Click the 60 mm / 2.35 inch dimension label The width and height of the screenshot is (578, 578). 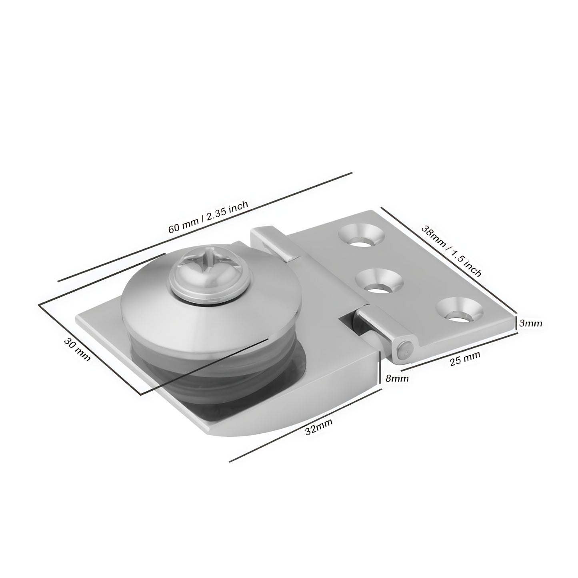click(x=208, y=217)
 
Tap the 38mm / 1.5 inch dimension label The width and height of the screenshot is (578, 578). click(x=451, y=251)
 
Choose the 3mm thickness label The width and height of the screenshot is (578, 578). click(x=530, y=323)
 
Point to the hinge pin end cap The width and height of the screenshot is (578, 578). click(x=405, y=350)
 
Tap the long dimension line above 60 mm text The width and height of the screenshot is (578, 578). click(x=205, y=227)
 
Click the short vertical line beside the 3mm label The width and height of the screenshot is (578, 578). click(x=516, y=322)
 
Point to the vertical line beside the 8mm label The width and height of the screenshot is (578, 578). click(x=379, y=368)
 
